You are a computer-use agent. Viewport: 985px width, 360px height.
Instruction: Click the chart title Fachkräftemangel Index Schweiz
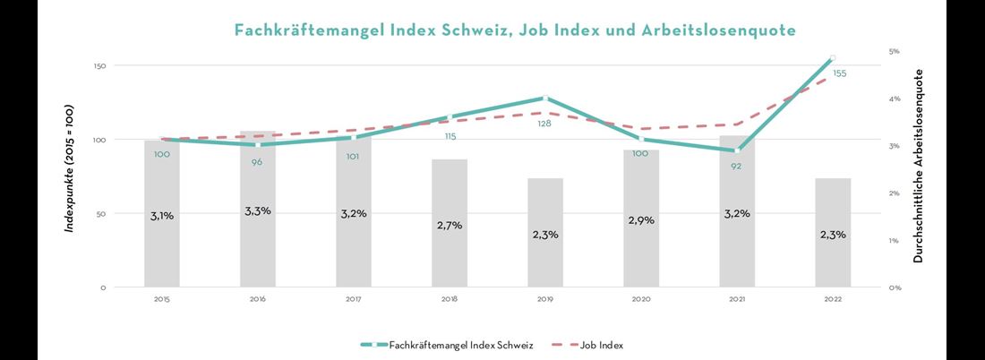pyautogui.click(x=515, y=30)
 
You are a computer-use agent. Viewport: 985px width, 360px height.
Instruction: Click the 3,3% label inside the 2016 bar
pyautogui.click(x=258, y=210)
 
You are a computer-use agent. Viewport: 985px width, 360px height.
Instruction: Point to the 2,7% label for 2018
pyautogui.click(x=450, y=225)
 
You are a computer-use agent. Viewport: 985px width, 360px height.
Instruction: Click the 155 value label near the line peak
pyautogui.click(x=839, y=73)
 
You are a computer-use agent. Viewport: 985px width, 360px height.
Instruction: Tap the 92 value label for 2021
pyautogui.click(x=736, y=166)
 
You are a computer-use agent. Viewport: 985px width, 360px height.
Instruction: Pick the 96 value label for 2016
pyautogui.click(x=258, y=161)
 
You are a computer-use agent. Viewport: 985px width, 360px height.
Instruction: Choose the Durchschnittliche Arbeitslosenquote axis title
pyautogui.click(x=918, y=167)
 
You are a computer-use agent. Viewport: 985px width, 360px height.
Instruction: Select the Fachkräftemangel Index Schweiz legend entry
pyautogui.click(x=448, y=345)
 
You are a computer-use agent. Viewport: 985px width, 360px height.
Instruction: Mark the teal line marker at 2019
pyautogui.click(x=545, y=98)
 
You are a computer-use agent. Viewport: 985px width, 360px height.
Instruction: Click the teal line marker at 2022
pyautogui.click(x=833, y=58)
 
